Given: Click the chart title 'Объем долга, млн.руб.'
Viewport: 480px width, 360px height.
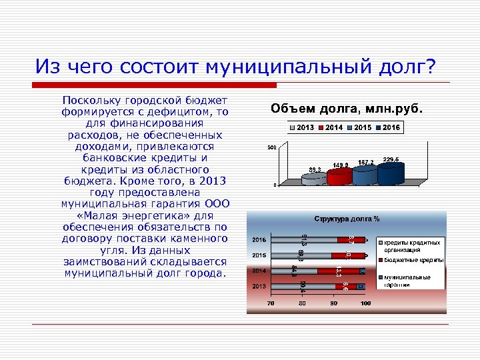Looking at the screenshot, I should (x=347, y=109).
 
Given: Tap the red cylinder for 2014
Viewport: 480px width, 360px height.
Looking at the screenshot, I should (x=338, y=175).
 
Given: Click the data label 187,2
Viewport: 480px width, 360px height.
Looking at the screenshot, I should (x=365, y=162).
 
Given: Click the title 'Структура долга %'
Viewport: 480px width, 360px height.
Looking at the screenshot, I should (x=347, y=219).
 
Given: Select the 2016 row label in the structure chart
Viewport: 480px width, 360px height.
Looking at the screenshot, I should (x=259, y=239).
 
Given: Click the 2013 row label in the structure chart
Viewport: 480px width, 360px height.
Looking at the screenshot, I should (x=259, y=286).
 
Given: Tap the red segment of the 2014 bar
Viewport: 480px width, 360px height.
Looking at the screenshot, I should (x=338, y=271).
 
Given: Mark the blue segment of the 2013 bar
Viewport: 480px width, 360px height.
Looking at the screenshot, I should (x=360, y=286).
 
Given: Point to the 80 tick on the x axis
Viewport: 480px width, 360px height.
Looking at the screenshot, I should (x=302, y=304).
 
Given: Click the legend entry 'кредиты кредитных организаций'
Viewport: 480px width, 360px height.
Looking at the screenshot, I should (x=410, y=245).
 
